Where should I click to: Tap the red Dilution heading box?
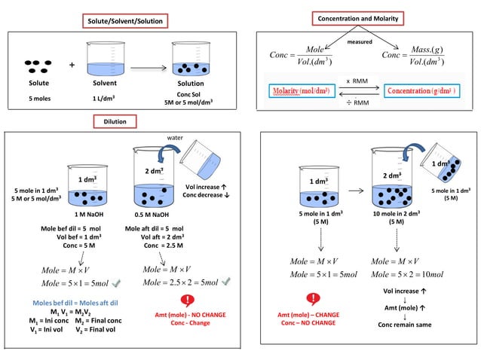tap(115, 121)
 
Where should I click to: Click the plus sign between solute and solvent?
tap(72, 65)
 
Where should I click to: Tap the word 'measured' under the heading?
tap(359, 42)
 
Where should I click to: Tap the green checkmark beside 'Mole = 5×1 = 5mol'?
tap(115, 283)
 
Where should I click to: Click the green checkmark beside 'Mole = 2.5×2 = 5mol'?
tap(225, 282)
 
